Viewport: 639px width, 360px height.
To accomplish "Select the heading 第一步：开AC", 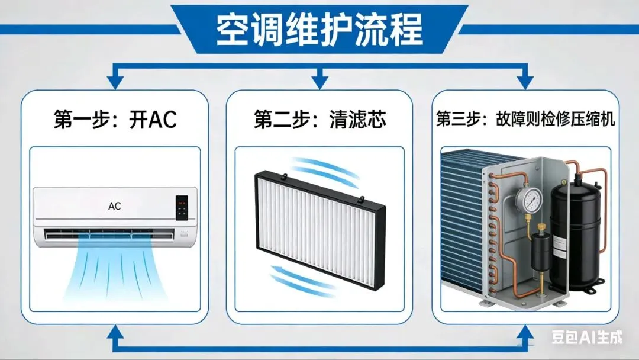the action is tap(115, 120).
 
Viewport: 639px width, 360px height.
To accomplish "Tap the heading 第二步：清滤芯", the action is tap(319, 120).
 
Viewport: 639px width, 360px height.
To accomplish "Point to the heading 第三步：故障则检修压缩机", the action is tap(525, 120).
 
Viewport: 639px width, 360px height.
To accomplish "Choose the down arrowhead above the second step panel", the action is tap(319, 82).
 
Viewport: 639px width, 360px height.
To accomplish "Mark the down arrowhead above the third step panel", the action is tap(524, 82).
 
